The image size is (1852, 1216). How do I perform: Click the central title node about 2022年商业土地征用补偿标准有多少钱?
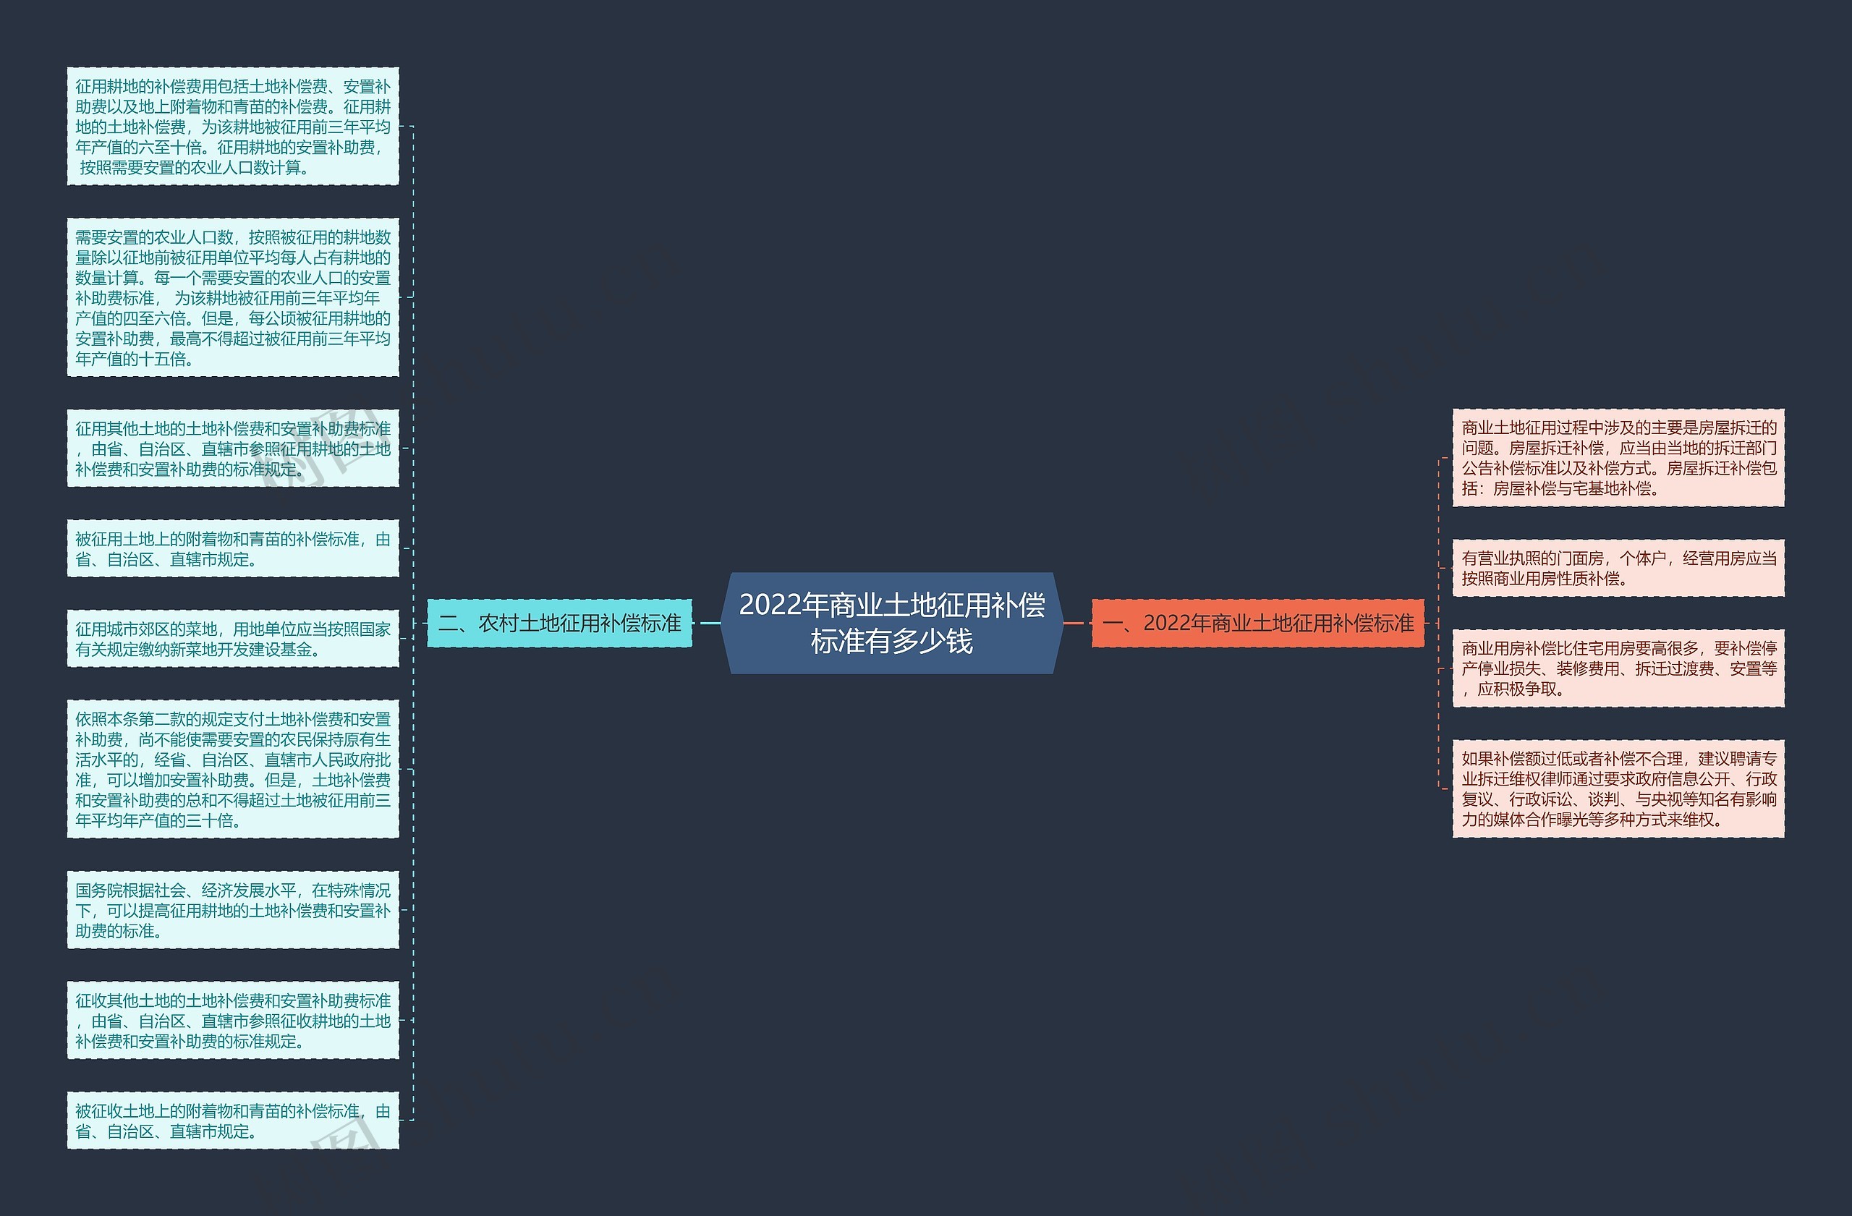pyautogui.click(x=892, y=623)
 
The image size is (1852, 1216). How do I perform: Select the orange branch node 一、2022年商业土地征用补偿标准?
pyautogui.click(x=1257, y=623)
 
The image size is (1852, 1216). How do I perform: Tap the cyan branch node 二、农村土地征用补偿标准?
pyautogui.click(x=559, y=623)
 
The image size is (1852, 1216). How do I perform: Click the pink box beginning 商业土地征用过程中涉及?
pyautogui.click(x=1618, y=458)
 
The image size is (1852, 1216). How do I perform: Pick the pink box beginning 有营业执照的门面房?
pyautogui.click(x=1618, y=569)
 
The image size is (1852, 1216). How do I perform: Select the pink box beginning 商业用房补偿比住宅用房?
pyautogui.click(x=1618, y=668)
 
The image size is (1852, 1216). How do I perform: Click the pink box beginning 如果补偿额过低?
pyautogui.click(x=1618, y=789)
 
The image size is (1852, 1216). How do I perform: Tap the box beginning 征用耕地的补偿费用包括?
pyautogui.click(x=233, y=127)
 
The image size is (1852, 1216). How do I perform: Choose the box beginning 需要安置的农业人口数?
pyautogui.click(x=233, y=298)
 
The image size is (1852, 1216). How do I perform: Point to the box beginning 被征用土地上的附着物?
pyautogui.click(x=233, y=549)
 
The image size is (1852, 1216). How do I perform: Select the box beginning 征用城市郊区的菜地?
pyautogui.click(x=233, y=639)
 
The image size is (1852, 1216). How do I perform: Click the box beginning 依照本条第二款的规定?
pyautogui.click(x=233, y=770)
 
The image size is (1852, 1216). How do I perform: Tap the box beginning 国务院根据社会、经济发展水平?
pyautogui.click(x=233, y=910)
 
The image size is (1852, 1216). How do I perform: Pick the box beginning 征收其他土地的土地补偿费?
pyautogui.click(x=233, y=1021)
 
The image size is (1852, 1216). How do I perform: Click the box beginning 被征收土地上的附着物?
pyautogui.click(x=233, y=1121)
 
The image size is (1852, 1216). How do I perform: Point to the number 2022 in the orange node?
pyautogui.click(x=1166, y=623)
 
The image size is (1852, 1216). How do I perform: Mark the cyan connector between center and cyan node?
pyautogui.click(x=710, y=623)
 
